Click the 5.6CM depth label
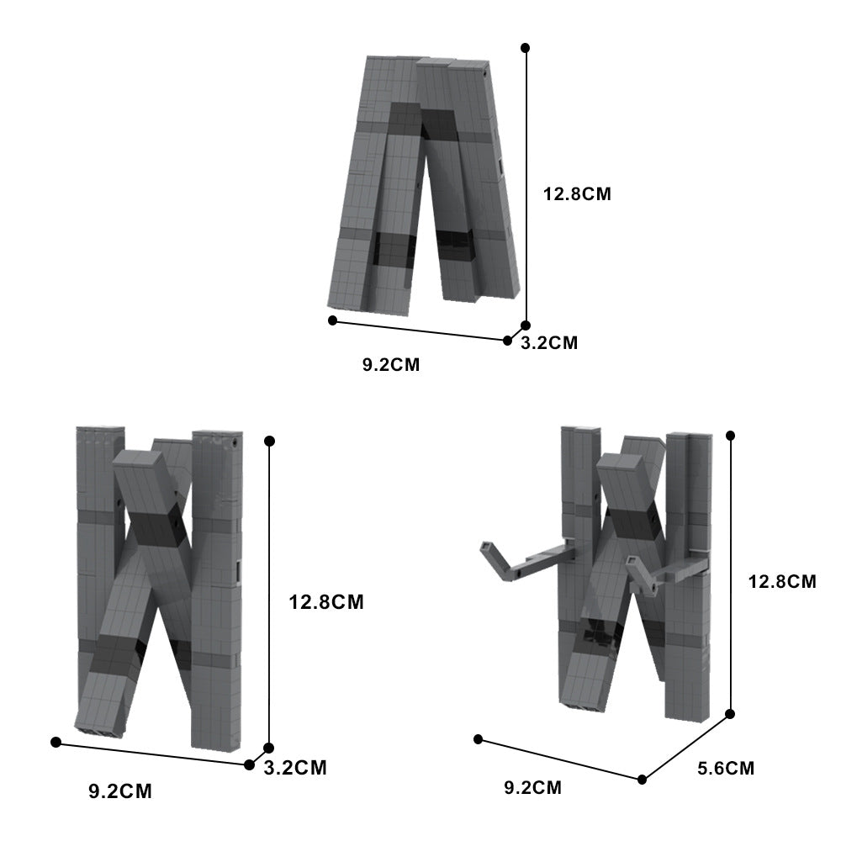pyautogui.click(x=726, y=768)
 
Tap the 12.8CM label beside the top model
pyautogui.click(x=577, y=193)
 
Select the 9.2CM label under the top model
pyautogui.click(x=391, y=364)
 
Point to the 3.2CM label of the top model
pyautogui.click(x=549, y=342)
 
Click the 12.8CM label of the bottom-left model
pyautogui.click(x=326, y=602)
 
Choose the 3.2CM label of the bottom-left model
pyautogui.click(x=295, y=768)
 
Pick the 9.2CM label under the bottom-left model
pyautogui.click(x=120, y=791)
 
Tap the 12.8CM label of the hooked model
pyautogui.click(x=782, y=581)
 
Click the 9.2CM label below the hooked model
pyautogui.click(x=532, y=787)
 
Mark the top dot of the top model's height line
pyautogui.click(x=525, y=48)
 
